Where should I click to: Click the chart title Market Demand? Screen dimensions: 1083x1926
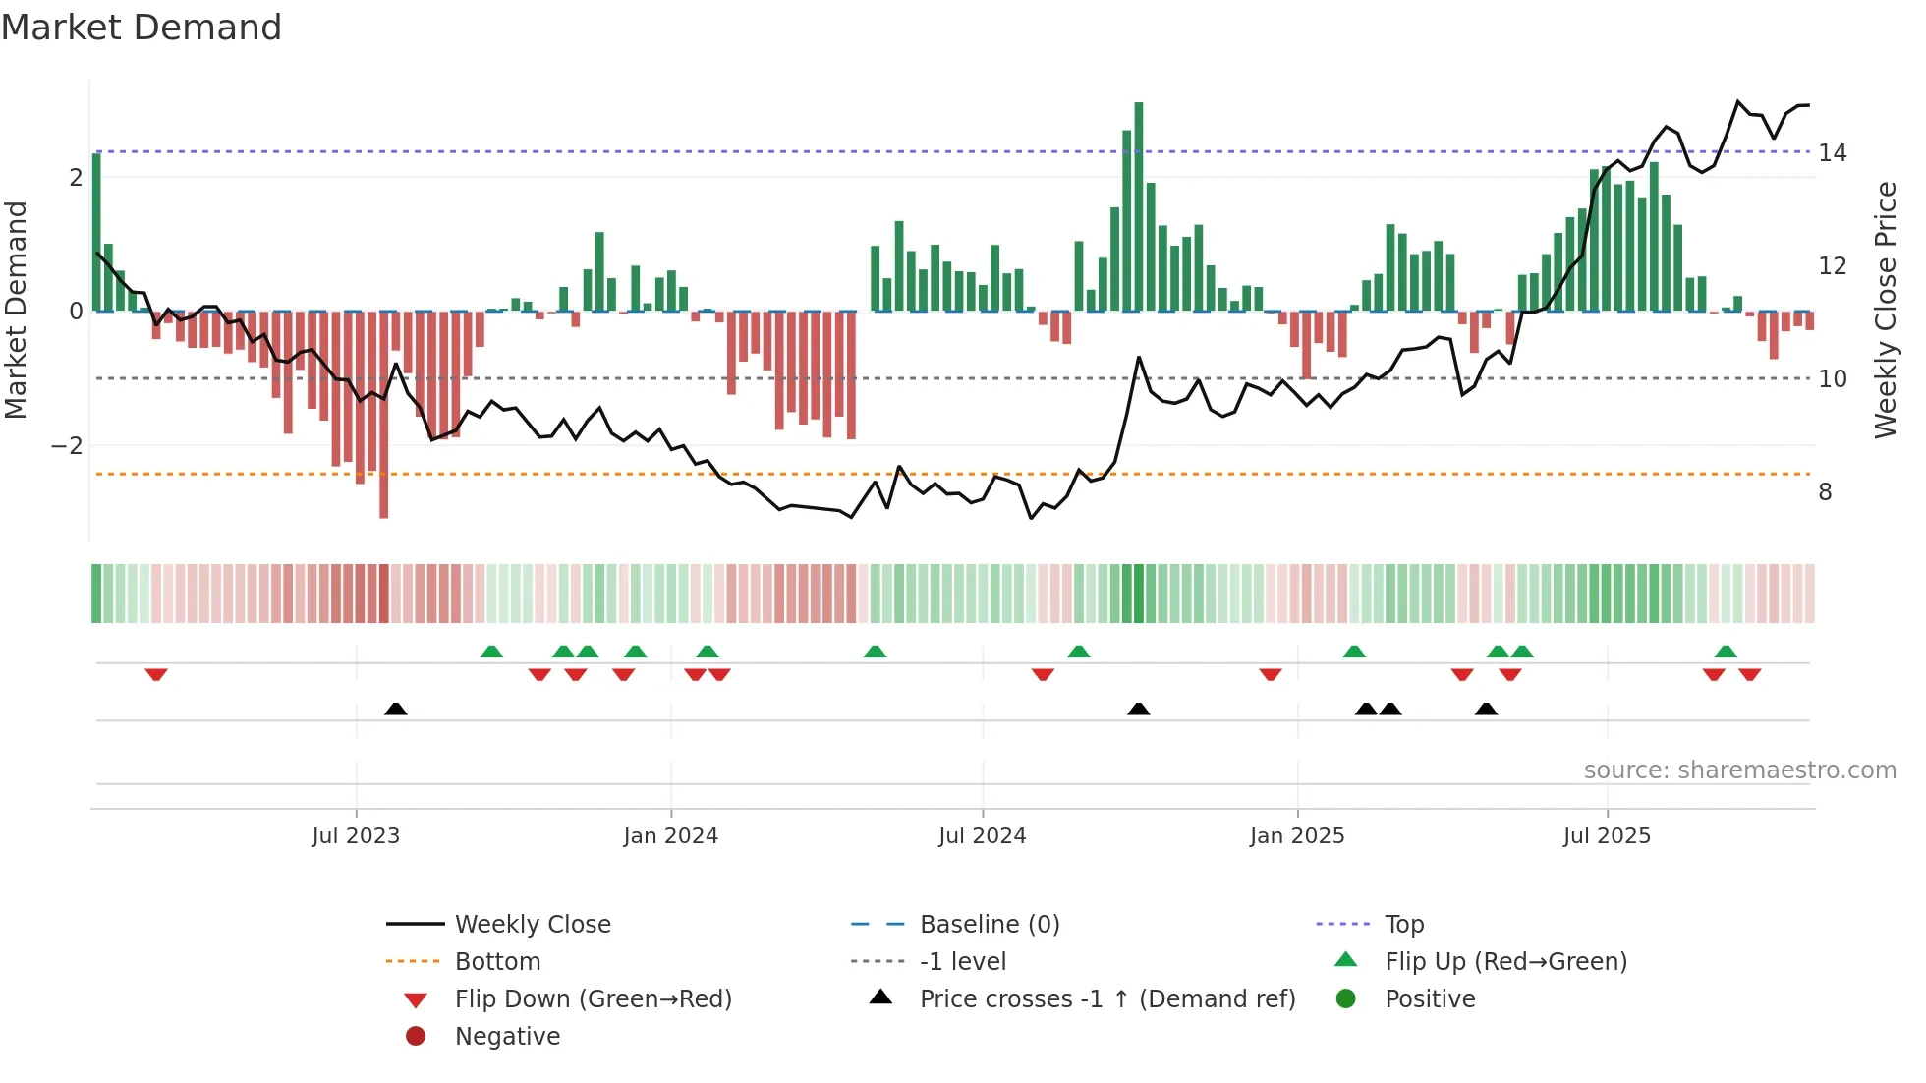(142, 28)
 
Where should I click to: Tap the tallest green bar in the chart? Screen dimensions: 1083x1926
(1138, 206)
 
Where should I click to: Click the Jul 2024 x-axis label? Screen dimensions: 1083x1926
(982, 836)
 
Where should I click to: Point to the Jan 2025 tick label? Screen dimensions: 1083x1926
(1297, 836)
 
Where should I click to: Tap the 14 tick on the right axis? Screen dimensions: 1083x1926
(1832, 153)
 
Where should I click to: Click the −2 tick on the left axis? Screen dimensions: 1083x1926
(68, 446)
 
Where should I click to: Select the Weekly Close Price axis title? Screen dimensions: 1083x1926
(1885, 310)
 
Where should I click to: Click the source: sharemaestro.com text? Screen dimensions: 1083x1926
(1739, 770)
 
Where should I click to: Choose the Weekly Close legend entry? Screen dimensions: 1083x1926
(532, 925)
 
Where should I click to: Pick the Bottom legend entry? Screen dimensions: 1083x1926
(497, 962)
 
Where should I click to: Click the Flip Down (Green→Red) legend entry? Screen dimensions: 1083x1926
(593, 999)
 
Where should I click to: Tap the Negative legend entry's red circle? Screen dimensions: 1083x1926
(416, 1037)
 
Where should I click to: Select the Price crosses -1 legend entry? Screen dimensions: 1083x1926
(1106, 999)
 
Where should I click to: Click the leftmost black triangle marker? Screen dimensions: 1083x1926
(395, 709)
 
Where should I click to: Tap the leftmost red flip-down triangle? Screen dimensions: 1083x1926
(155, 674)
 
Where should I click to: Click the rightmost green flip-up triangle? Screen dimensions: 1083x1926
(1726, 652)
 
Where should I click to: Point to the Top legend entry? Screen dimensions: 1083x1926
(1403, 925)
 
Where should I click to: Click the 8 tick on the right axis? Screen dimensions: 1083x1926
(1825, 492)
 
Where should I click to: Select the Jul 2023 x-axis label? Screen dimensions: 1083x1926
(356, 836)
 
